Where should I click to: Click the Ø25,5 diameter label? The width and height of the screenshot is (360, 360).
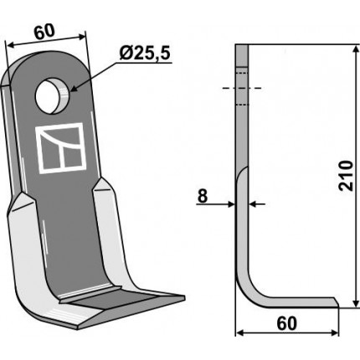click(145, 53)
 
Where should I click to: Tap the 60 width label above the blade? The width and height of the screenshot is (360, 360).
click(44, 32)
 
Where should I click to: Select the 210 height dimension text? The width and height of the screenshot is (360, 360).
click(346, 176)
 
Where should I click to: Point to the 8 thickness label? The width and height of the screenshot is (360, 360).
click(203, 196)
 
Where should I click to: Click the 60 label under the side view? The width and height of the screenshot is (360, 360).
click(287, 324)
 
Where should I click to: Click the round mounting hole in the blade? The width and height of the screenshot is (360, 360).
click(52, 96)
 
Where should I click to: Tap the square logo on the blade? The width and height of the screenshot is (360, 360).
click(60, 148)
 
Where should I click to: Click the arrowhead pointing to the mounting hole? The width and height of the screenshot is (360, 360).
click(74, 88)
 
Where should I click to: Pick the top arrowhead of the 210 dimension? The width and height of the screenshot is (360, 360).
click(356, 49)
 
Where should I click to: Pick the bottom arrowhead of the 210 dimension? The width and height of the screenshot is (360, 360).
click(356, 303)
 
